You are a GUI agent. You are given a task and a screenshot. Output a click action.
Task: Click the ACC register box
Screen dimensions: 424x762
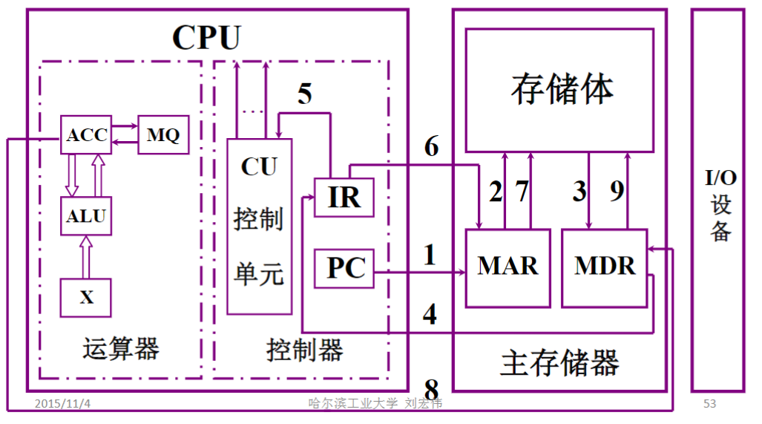click(86, 135)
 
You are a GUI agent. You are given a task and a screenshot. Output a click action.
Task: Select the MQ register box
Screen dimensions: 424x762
click(162, 135)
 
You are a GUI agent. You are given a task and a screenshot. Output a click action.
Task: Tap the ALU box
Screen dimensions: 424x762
click(86, 217)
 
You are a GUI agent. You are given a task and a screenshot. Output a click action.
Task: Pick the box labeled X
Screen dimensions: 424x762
click(86, 298)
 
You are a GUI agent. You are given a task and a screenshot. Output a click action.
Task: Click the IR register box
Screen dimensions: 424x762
click(344, 198)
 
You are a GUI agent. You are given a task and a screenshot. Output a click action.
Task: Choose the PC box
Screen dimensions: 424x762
click(344, 268)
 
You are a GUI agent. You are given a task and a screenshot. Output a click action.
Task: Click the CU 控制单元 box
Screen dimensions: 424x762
click(259, 226)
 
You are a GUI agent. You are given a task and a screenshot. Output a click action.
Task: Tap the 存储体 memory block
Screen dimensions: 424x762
click(560, 89)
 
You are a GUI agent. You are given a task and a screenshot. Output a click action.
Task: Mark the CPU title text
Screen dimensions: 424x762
click(206, 37)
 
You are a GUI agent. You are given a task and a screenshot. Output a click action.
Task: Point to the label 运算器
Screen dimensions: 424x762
click(121, 348)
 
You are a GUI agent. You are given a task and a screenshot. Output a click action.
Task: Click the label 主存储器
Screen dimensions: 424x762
click(559, 363)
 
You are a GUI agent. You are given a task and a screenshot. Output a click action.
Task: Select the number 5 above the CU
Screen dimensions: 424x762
click(305, 94)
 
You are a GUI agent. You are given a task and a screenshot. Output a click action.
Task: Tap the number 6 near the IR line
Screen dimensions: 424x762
click(431, 147)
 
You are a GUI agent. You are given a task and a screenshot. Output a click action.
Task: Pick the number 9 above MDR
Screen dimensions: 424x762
click(617, 192)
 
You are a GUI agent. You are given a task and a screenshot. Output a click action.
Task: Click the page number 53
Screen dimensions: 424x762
click(709, 403)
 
